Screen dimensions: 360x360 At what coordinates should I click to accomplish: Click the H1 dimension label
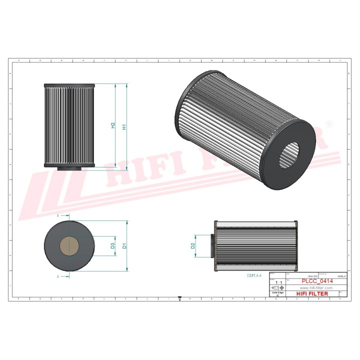(123, 126)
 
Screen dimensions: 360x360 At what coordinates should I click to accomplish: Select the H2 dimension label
(113, 126)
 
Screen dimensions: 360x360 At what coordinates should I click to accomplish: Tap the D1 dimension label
(124, 245)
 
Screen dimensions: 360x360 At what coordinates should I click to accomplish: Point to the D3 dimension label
(113, 245)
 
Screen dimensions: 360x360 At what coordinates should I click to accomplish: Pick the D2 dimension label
(192, 245)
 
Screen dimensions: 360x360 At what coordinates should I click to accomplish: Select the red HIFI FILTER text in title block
(312, 294)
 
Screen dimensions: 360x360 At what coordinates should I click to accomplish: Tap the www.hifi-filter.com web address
(315, 288)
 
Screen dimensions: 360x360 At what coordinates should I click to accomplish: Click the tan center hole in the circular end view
(69, 245)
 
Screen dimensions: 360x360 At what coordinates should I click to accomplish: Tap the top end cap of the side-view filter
(69, 85)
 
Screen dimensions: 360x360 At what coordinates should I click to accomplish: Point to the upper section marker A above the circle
(58, 215)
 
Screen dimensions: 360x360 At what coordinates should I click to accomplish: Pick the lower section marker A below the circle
(58, 276)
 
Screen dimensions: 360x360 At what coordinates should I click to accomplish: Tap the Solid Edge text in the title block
(278, 293)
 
